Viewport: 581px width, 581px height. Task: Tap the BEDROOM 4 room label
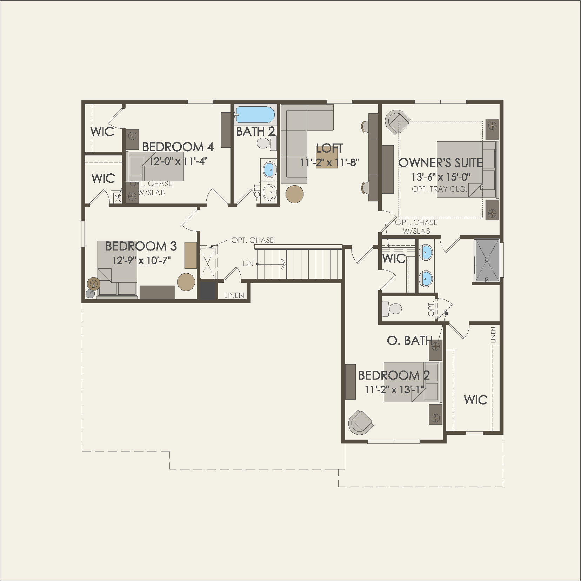pyautogui.click(x=178, y=147)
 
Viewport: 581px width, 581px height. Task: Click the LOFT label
pyautogui.click(x=329, y=148)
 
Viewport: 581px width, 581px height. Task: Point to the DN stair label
pyautogui.click(x=248, y=263)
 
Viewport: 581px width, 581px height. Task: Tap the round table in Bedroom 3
pyautogui.click(x=186, y=282)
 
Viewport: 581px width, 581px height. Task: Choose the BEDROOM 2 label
pyautogui.click(x=394, y=375)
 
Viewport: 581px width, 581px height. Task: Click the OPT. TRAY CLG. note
pyautogui.click(x=440, y=189)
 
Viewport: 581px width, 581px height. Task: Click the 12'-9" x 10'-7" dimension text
pyautogui.click(x=141, y=261)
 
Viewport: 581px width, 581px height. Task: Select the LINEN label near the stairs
pyautogui.click(x=234, y=295)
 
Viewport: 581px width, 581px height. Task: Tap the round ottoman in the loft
pyautogui.click(x=294, y=194)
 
